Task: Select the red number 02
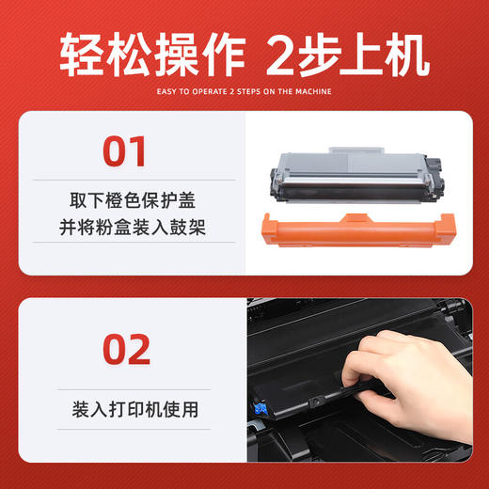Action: pos(124,349)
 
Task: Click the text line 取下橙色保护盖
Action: pos(124,200)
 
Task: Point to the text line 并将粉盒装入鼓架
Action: pos(124,229)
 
